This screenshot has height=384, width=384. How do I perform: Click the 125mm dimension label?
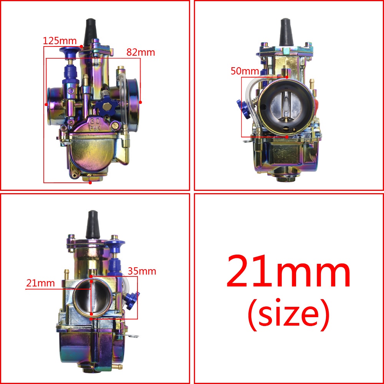click(60, 41)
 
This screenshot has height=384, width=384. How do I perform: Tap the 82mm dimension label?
click(141, 52)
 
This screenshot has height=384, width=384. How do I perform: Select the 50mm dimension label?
click(245, 71)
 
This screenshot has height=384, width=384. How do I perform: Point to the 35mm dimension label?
click(142, 271)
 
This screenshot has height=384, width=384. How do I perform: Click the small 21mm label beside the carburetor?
click(40, 283)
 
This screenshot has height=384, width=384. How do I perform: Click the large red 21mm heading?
click(288, 271)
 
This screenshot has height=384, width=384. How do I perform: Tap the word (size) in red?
click(288, 314)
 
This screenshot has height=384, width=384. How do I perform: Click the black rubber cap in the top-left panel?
click(90, 32)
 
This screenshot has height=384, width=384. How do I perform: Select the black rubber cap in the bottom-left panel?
click(93, 224)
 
